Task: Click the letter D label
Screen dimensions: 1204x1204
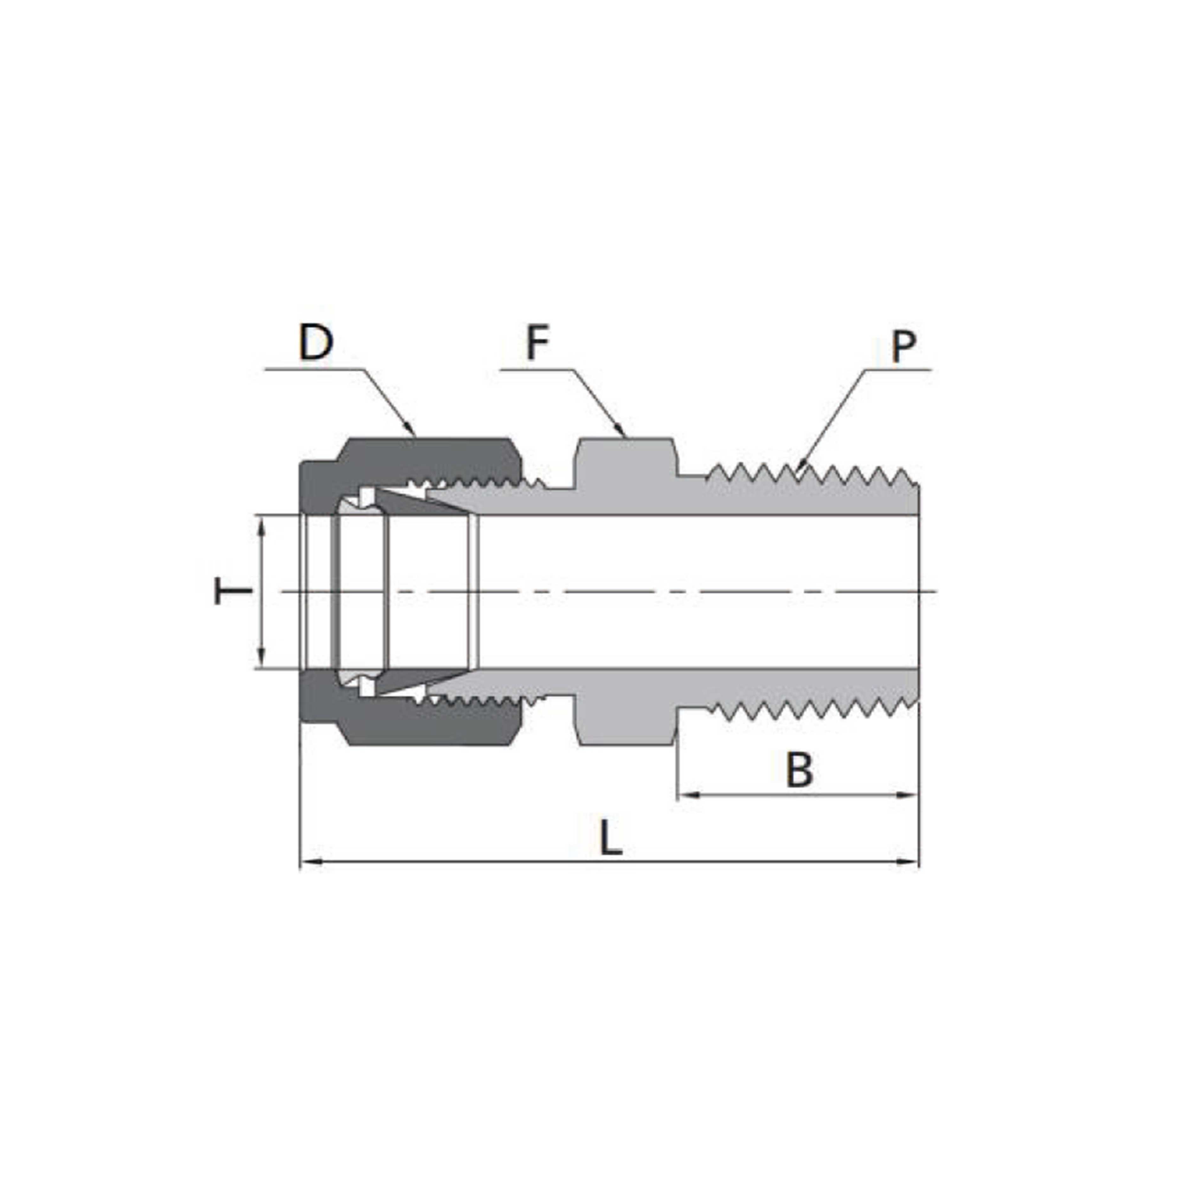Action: [x=316, y=342]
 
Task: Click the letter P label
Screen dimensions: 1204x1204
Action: [x=904, y=347]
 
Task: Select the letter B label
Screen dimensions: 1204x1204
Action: [x=799, y=770]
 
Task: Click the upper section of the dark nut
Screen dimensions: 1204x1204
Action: [x=430, y=458]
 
